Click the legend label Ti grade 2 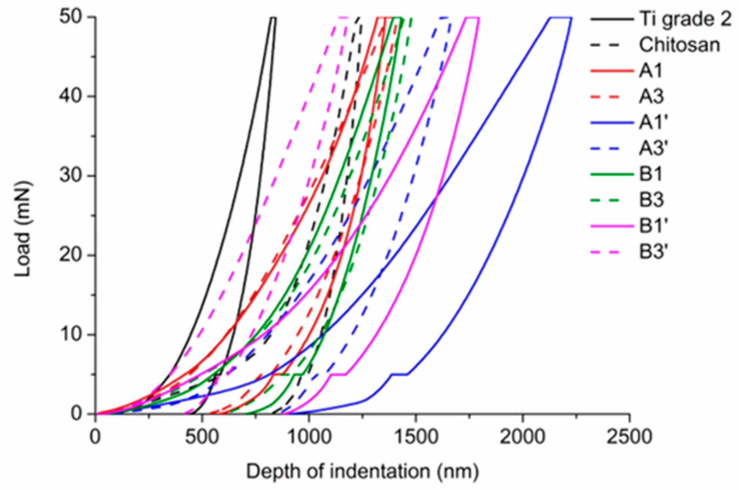pyautogui.click(x=685, y=19)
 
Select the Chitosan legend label pyautogui.click(x=679, y=45)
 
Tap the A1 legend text pyautogui.click(x=651, y=71)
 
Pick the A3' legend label pyautogui.click(x=653, y=148)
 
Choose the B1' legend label pyautogui.click(x=653, y=226)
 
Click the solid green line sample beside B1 pyautogui.click(x=612, y=174)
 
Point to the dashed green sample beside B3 pyautogui.click(x=612, y=200)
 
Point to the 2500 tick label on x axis pyautogui.click(x=629, y=437)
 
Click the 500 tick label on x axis pyautogui.click(x=202, y=437)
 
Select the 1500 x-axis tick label pyautogui.click(x=416, y=437)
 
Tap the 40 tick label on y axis pyautogui.click(x=71, y=97)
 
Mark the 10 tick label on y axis pyautogui.click(x=71, y=335)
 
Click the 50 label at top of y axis pyautogui.click(x=71, y=18)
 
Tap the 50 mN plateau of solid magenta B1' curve pyautogui.click(x=472, y=17)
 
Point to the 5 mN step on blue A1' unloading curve pyautogui.click(x=399, y=374)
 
